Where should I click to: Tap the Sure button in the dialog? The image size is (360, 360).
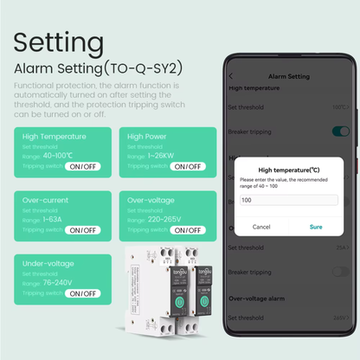[x=316, y=226]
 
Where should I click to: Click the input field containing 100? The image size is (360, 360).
[x=287, y=200]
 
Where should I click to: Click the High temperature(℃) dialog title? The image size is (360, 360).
[x=287, y=170]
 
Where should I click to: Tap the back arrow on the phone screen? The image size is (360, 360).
[x=230, y=77]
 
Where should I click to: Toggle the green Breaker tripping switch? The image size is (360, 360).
[x=340, y=131]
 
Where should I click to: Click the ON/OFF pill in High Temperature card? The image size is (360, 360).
[x=82, y=166]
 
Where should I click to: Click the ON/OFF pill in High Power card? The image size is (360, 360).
[x=187, y=166]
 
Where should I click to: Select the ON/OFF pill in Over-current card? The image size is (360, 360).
[x=82, y=230]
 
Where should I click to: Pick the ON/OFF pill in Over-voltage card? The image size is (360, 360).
[x=187, y=230]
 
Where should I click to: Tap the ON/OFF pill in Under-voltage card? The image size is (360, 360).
[x=82, y=293]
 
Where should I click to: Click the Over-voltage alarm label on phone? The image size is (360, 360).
[x=257, y=297]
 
